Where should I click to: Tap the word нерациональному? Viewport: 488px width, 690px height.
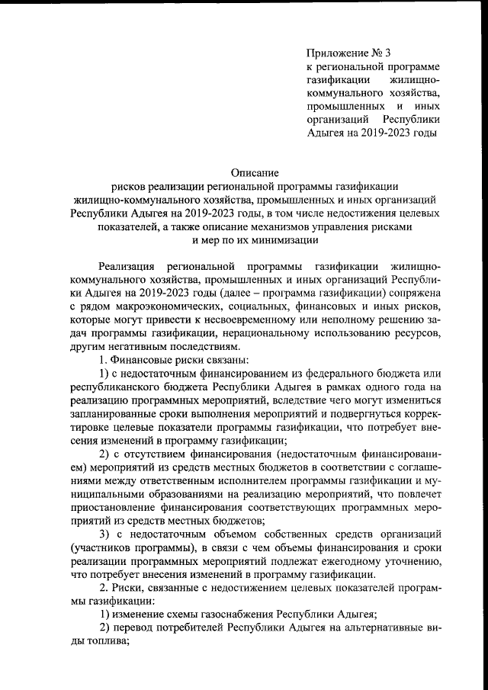pos(246,335)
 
